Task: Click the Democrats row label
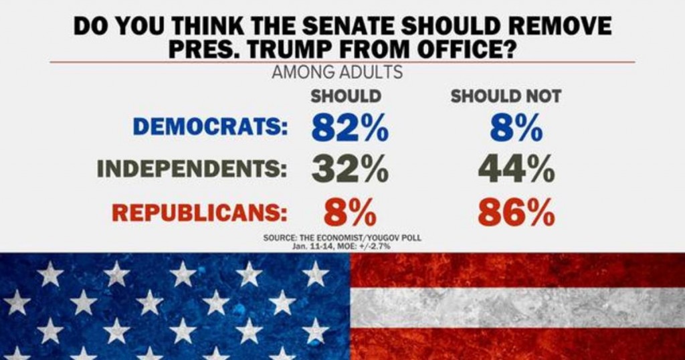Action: click(210, 128)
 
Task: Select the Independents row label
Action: click(192, 169)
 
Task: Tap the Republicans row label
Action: click(199, 212)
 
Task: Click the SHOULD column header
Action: click(346, 96)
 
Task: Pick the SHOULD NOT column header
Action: click(505, 96)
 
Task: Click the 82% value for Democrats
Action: click(350, 128)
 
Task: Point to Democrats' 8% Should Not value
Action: click(515, 128)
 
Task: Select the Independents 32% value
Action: click(350, 170)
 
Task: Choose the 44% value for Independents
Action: click(516, 170)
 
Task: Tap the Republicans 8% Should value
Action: click(350, 213)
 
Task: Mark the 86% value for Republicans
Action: click(516, 213)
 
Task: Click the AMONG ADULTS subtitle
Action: click(337, 72)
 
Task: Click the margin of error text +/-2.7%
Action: click(372, 246)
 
